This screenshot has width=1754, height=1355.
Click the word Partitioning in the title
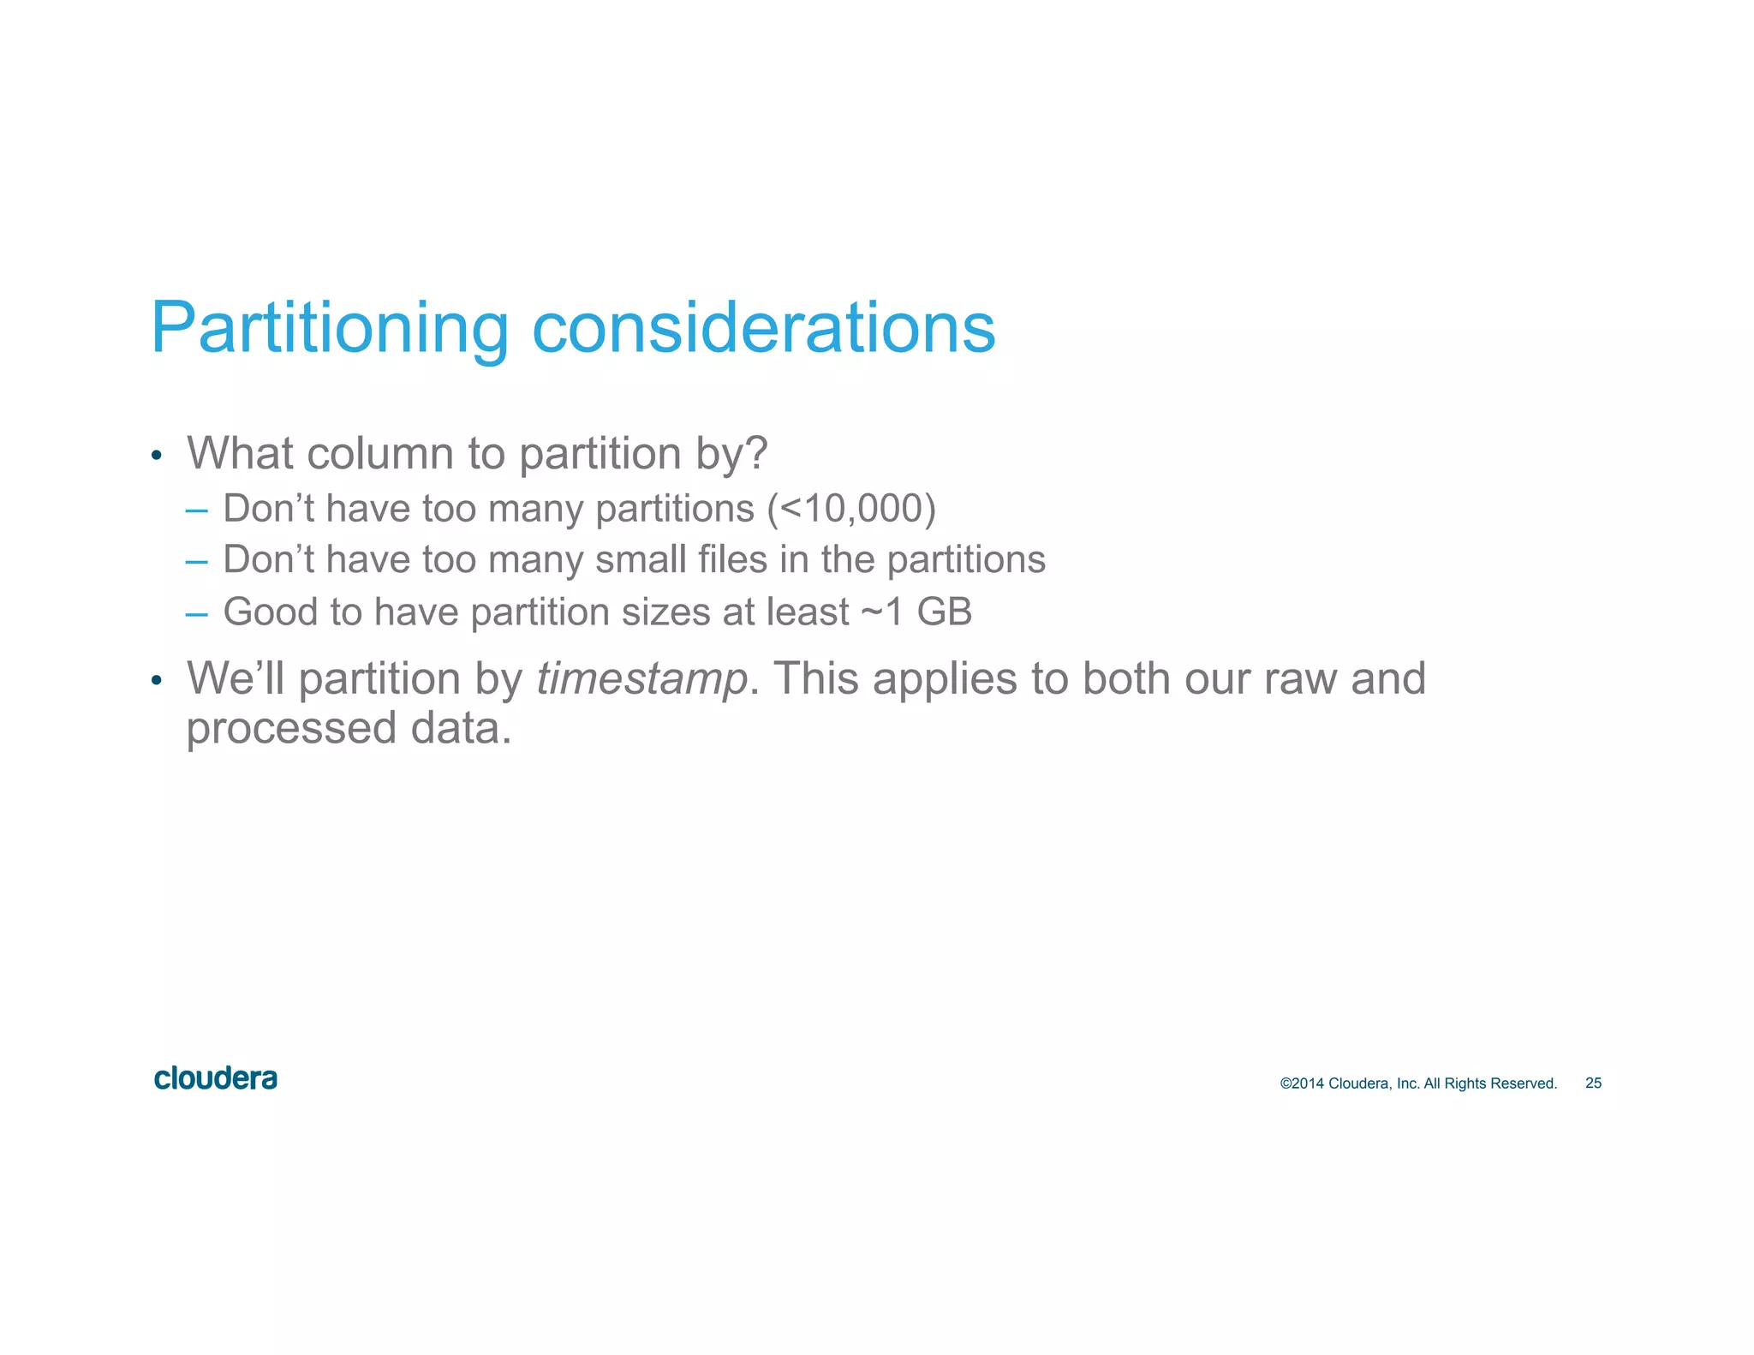click(x=330, y=329)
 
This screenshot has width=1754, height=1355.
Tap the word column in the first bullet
click(x=379, y=453)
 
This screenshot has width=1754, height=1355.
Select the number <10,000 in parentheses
click(x=851, y=509)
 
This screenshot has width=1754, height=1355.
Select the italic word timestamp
click(x=642, y=679)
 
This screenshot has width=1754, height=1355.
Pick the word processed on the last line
click(x=291, y=729)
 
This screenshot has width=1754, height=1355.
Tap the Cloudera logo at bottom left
click(x=216, y=1078)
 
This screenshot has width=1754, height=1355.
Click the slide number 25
click(x=1593, y=1083)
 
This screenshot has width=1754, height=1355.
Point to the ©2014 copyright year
click(x=1302, y=1083)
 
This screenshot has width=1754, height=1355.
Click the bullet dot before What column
click(x=156, y=456)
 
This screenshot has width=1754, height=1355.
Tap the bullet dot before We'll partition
click(x=156, y=682)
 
